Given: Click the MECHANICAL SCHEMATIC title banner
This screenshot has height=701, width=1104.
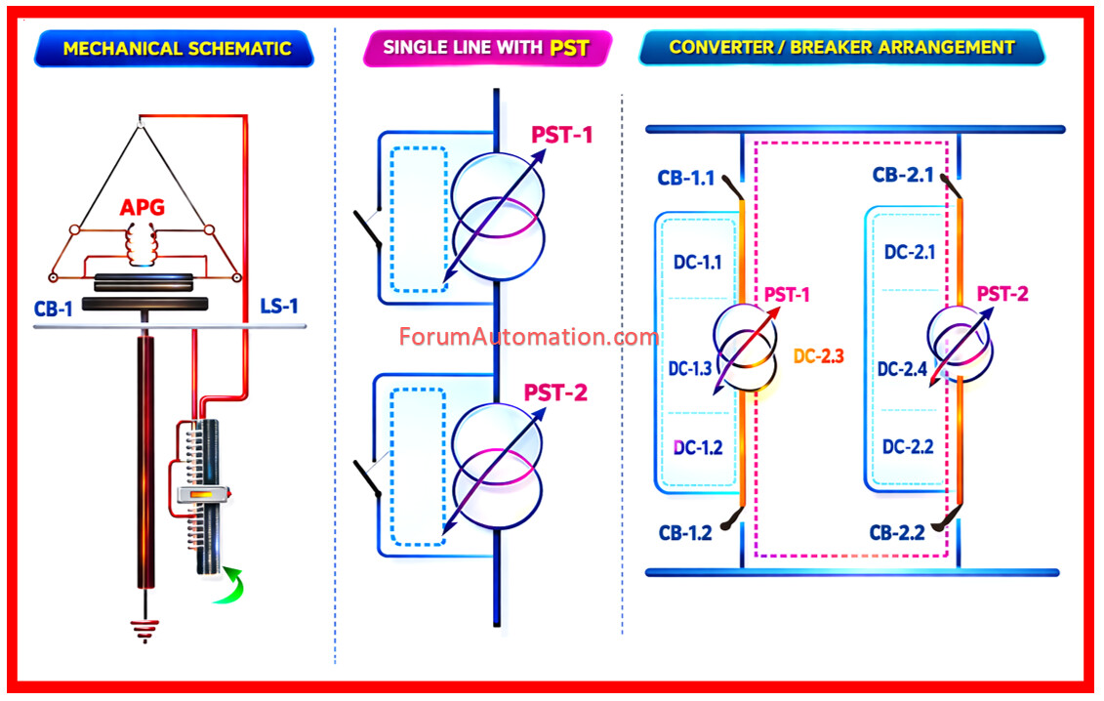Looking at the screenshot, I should click(x=177, y=48).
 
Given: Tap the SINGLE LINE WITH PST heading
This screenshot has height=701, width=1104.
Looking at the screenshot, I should click(x=486, y=47).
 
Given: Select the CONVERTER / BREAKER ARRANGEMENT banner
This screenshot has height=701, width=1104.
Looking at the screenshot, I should click(x=841, y=47).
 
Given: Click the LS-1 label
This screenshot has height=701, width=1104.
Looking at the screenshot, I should click(x=279, y=308).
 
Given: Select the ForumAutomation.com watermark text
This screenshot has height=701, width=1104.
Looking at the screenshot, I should click(x=528, y=338).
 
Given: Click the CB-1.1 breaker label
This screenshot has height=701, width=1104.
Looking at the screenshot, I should click(x=686, y=179).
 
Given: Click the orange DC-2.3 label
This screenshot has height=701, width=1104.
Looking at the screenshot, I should click(x=818, y=357).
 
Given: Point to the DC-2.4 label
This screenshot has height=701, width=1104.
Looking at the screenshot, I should click(x=903, y=369).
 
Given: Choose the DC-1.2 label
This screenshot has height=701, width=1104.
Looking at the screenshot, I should click(x=698, y=447).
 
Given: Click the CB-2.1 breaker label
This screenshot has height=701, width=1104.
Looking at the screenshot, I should click(x=903, y=176).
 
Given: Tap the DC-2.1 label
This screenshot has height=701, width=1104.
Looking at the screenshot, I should click(x=910, y=252).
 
